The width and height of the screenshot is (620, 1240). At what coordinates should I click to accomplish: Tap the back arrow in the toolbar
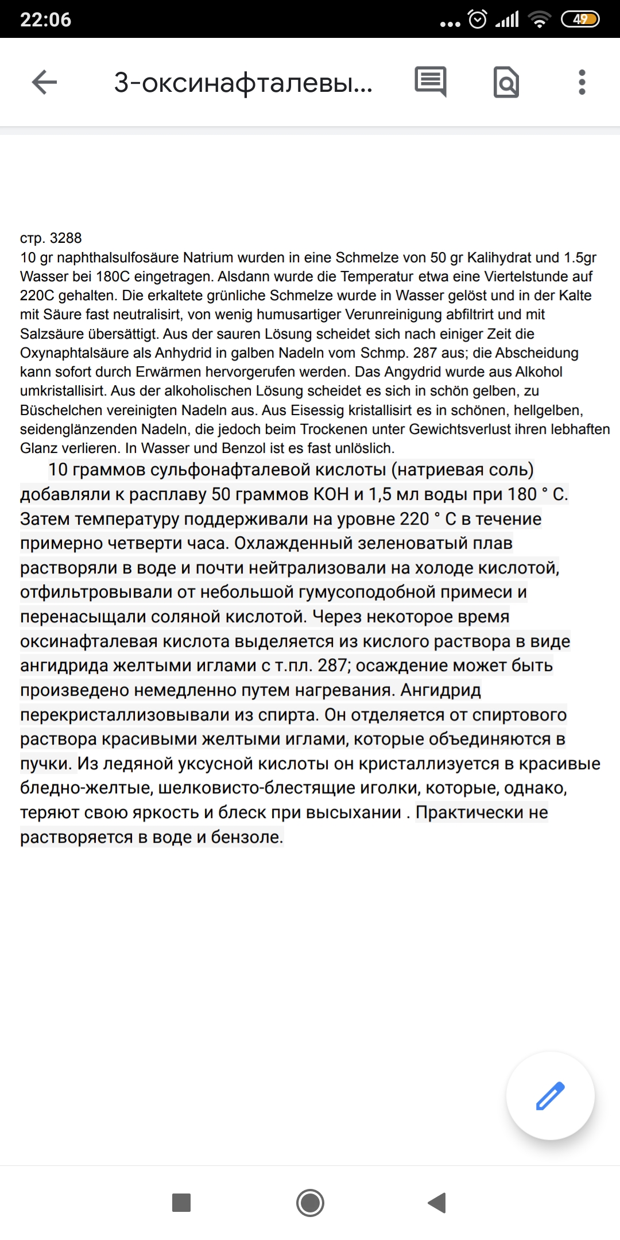(44, 82)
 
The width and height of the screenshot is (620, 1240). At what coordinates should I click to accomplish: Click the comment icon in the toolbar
(431, 82)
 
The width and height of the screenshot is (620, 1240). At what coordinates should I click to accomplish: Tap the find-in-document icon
(506, 82)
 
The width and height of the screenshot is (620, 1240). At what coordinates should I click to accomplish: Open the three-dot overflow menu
(582, 82)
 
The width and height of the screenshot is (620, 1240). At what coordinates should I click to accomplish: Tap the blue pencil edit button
(550, 1095)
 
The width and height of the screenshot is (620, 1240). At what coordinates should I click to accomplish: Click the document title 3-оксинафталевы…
(243, 83)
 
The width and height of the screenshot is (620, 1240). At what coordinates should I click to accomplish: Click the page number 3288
(65, 238)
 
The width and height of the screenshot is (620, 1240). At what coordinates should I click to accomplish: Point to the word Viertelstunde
(529, 276)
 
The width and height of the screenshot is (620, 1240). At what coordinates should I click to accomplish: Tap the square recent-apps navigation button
(181, 1202)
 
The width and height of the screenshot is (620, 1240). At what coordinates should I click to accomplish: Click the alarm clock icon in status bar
(478, 20)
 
